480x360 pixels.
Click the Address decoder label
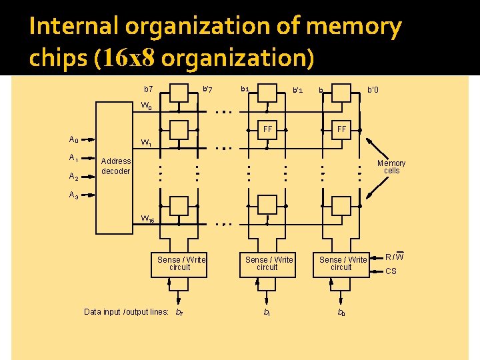coord(115,166)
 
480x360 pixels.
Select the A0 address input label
coord(74,139)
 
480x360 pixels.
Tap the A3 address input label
coord(74,195)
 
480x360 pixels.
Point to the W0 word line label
coord(146,106)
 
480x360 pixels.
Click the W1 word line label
coord(146,143)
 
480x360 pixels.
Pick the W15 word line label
coord(147,219)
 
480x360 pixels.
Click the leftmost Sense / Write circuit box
coord(180,263)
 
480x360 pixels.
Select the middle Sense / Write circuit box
coord(268,263)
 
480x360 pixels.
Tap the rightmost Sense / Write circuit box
coord(343,263)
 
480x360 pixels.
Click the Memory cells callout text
coord(391,167)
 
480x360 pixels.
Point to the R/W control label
coord(395,256)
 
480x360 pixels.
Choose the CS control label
coord(391,271)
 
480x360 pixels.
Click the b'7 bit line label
coord(207,89)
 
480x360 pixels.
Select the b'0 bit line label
coord(373,89)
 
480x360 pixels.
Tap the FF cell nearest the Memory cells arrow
coord(341,129)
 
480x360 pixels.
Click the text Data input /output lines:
coord(126,311)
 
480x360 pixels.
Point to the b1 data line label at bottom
coord(267,312)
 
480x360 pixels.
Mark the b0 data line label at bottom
coord(341,312)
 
